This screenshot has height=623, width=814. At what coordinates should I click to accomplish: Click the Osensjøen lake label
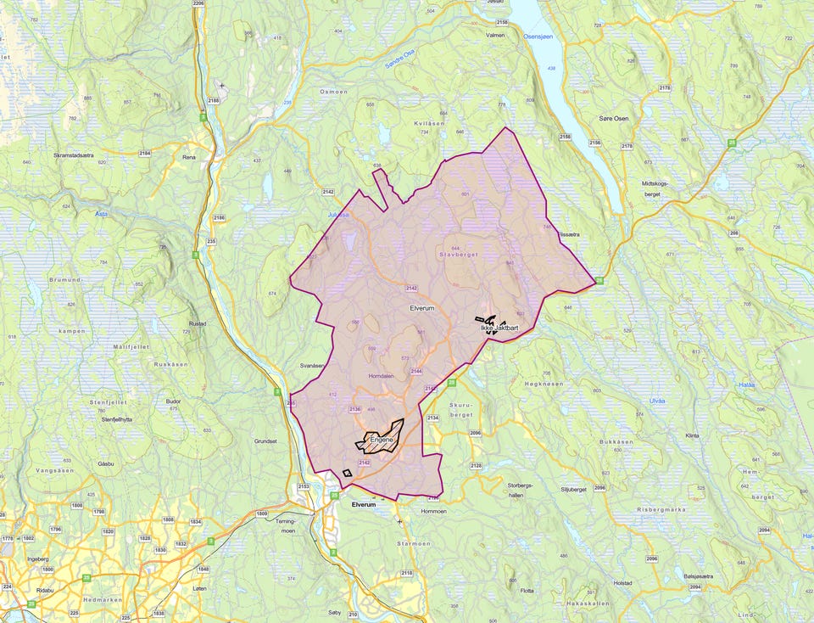coord(538,36)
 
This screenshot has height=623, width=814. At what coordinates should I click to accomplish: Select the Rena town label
coord(189,157)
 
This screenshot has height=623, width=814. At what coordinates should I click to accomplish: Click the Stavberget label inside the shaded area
coord(459,254)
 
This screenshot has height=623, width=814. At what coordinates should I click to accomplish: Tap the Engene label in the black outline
coord(382,440)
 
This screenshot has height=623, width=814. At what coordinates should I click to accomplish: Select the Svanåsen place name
coord(312,366)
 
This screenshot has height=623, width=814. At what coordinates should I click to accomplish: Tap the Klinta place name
coord(692,435)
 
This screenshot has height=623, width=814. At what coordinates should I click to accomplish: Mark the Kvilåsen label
coord(429,123)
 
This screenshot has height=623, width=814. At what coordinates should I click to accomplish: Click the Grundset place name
coord(265,441)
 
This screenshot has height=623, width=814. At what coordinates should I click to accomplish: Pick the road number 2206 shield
coord(199,4)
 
